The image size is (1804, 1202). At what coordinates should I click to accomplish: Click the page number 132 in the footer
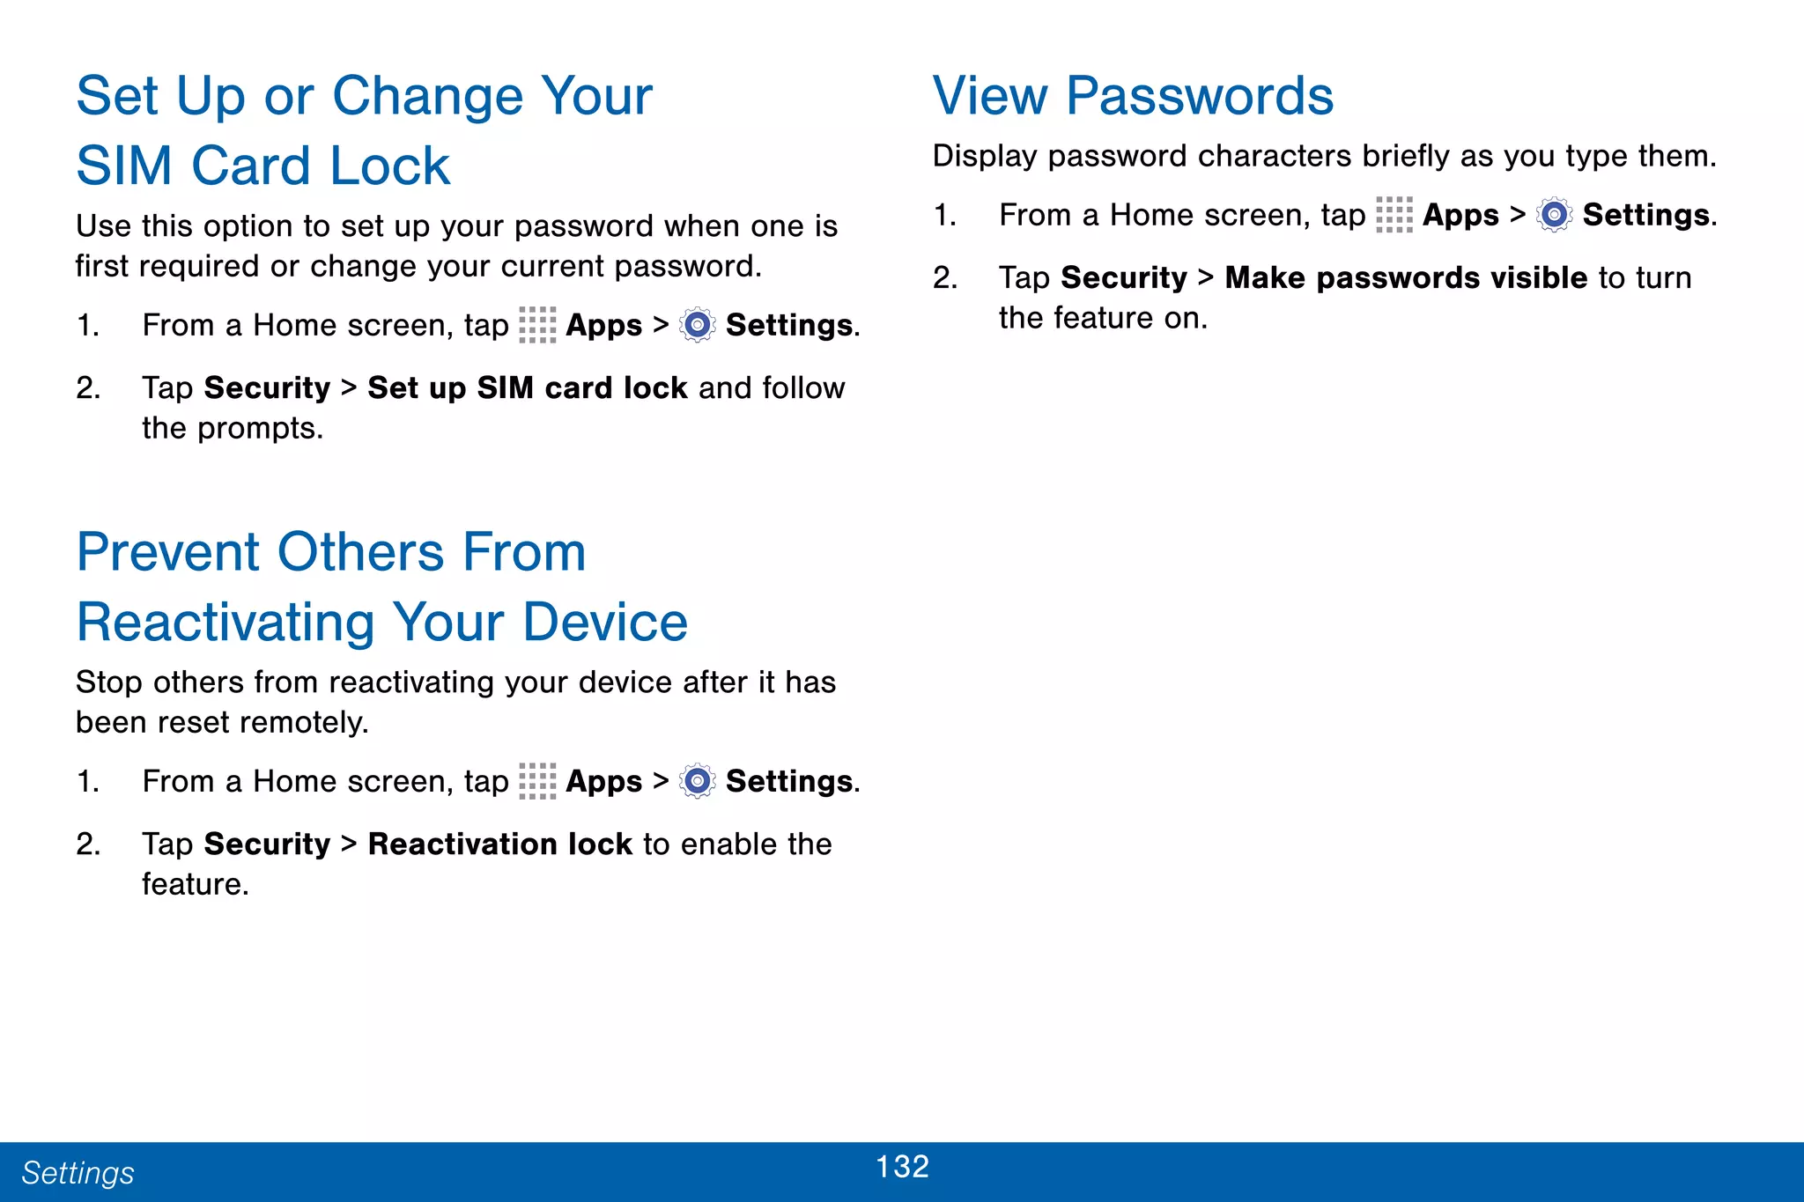click(902, 1167)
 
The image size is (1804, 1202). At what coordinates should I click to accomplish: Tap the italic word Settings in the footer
click(78, 1173)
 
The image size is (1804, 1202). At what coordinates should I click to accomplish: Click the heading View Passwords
click(1133, 96)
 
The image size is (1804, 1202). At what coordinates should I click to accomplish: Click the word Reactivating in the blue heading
click(225, 623)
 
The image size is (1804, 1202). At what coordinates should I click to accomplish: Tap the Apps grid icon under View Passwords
click(1394, 215)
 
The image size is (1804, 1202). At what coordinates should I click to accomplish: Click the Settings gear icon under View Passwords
click(1555, 215)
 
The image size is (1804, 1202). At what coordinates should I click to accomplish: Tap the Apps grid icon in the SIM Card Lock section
click(537, 325)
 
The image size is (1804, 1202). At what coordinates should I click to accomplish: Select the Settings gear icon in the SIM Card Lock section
click(698, 325)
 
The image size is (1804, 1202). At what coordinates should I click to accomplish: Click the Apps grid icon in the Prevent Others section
click(537, 781)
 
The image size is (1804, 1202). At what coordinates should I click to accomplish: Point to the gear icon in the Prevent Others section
click(698, 781)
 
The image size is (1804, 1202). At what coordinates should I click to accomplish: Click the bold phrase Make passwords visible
click(1406, 278)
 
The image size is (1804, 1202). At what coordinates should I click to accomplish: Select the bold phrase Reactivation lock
click(499, 844)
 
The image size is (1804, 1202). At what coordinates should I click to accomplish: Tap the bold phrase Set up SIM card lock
click(527, 388)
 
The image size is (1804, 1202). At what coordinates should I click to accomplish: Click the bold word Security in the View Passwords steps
click(1124, 278)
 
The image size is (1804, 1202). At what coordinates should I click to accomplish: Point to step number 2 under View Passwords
click(945, 278)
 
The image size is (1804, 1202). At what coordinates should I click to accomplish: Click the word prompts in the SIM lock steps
click(259, 429)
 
